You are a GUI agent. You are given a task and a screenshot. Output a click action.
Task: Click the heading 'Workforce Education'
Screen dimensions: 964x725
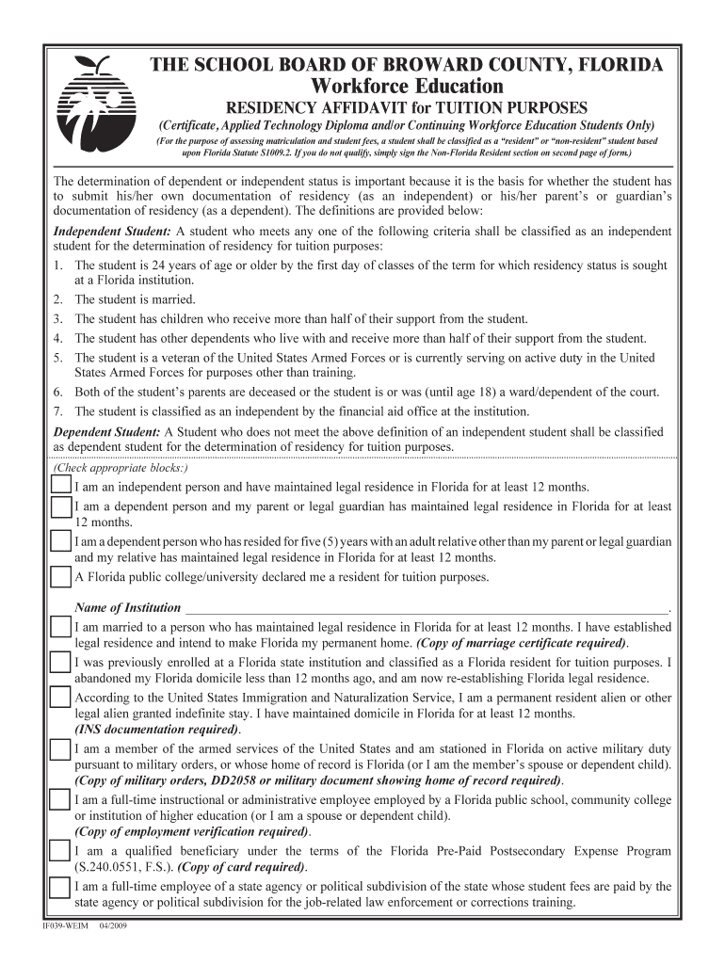[408, 87]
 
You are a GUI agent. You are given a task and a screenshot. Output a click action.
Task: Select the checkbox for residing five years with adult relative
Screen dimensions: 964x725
[60, 544]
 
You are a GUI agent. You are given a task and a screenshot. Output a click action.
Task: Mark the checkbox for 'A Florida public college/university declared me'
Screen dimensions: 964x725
[60, 576]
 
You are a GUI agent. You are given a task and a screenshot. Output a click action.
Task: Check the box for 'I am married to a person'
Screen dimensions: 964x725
[60, 628]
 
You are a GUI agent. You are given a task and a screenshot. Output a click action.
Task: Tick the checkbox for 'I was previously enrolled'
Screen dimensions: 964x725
[60, 663]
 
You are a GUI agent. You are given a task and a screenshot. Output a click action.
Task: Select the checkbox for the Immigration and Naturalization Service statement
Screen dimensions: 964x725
[60, 698]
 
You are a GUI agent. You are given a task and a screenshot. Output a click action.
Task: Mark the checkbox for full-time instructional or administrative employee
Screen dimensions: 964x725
[60, 800]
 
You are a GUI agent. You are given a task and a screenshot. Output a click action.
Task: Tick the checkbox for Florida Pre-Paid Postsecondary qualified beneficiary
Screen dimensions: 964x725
[60, 852]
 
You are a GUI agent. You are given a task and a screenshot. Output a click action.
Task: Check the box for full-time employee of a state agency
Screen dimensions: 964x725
[60, 887]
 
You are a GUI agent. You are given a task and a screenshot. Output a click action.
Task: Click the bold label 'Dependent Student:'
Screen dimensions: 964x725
[106, 432]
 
